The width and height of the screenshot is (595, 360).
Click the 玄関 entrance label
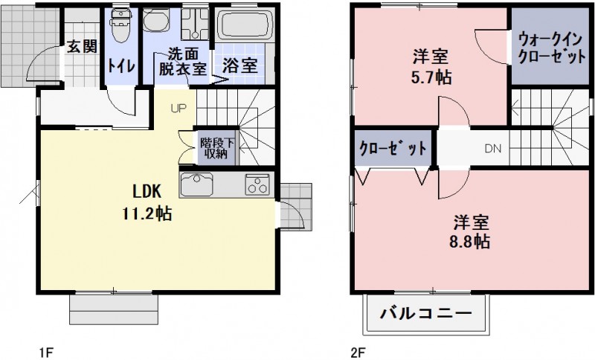click(x=82, y=47)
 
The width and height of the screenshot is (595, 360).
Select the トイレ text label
click(x=121, y=65)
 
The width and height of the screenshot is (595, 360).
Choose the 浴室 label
click(x=239, y=65)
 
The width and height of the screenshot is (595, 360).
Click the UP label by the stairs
click(x=178, y=107)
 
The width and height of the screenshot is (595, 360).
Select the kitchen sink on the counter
click(x=196, y=184)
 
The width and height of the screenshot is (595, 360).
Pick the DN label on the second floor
click(x=493, y=148)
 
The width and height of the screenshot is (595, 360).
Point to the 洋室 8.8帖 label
click(x=471, y=231)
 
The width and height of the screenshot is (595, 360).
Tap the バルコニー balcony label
click(x=427, y=313)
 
